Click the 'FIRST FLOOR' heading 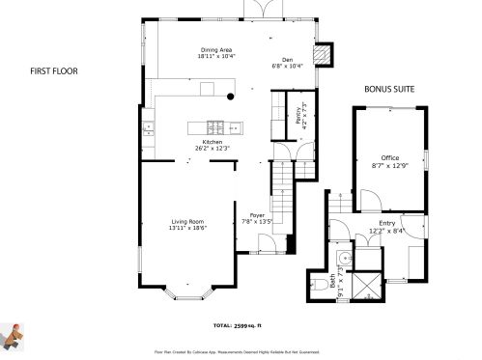point(53,70)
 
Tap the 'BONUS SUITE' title point(389,89)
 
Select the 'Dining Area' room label point(216,49)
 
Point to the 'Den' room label point(287,59)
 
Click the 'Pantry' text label point(298,116)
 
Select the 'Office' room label point(390,157)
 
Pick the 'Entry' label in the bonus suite point(386,223)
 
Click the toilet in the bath point(321,284)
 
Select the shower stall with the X point(367,287)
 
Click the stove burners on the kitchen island point(214,125)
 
